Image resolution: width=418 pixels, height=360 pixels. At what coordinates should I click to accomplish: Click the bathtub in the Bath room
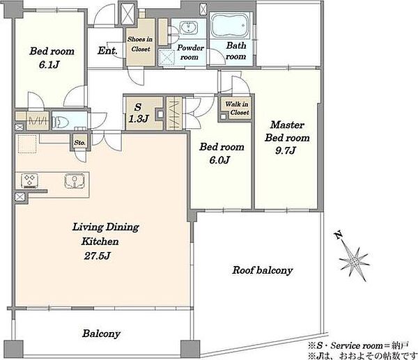[230, 26]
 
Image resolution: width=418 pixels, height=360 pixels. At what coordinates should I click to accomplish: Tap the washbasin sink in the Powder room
[189, 28]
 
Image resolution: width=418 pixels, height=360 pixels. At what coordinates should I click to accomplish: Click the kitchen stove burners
[29, 180]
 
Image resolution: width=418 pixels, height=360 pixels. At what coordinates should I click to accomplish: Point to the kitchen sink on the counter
[75, 180]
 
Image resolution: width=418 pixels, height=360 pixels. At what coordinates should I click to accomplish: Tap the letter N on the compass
[339, 235]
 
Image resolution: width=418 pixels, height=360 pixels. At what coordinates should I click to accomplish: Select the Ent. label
[107, 50]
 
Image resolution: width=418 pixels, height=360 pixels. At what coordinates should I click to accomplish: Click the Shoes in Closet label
[140, 44]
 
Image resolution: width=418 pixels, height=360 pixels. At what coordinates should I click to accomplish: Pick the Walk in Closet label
[237, 108]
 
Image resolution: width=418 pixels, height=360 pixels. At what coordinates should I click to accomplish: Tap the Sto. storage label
[80, 143]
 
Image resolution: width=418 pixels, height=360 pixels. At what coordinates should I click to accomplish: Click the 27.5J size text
[97, 256]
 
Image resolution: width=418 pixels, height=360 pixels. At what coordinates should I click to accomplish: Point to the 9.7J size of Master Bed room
[285, 151]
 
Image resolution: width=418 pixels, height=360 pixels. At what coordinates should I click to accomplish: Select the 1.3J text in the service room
[138, 118]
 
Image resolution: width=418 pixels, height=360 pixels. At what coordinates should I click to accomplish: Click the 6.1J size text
[49, 65]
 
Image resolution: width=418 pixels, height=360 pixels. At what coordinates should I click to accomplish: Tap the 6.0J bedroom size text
[219, 160]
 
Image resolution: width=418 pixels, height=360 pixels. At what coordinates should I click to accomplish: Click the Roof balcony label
[263, 270]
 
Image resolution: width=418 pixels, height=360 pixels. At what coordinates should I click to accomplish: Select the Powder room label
[189, 52]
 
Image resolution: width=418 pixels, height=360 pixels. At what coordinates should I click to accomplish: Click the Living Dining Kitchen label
[106, 234]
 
